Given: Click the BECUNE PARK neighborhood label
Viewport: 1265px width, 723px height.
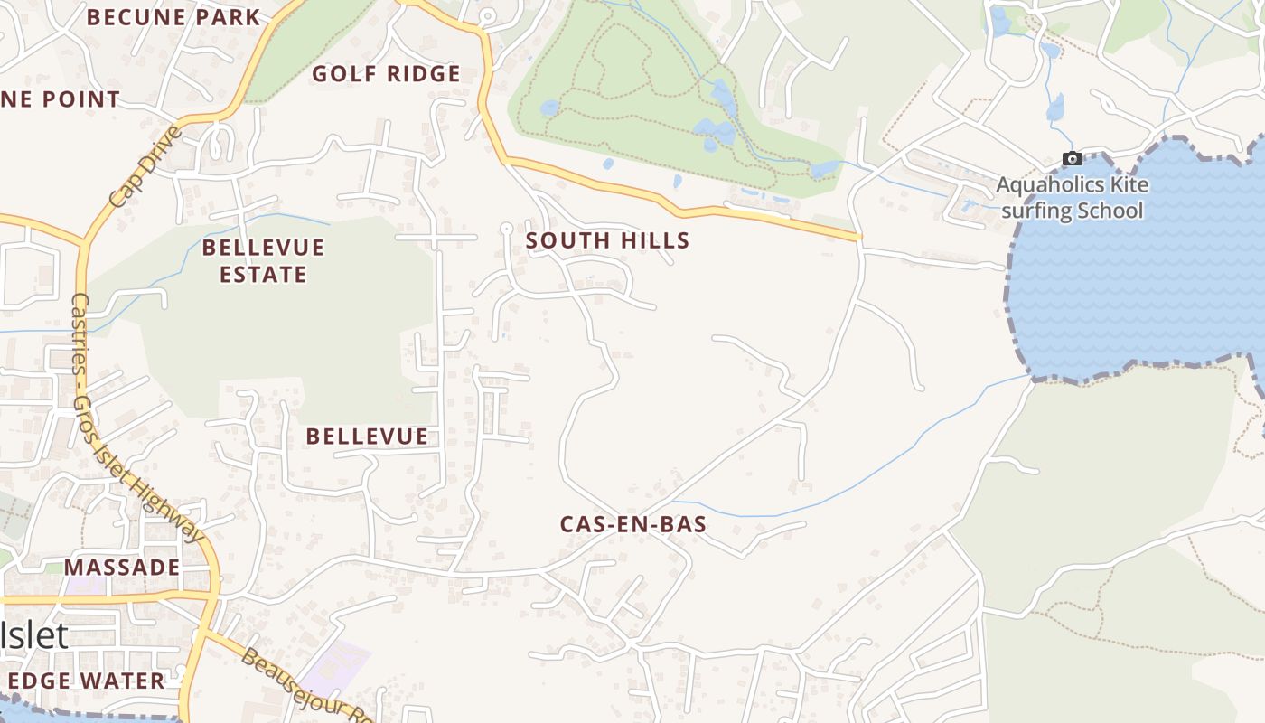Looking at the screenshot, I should coord(173,17).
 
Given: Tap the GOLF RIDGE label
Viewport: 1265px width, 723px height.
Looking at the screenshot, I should coord(386,74).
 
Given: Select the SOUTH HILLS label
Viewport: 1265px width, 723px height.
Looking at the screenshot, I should coord(607,240).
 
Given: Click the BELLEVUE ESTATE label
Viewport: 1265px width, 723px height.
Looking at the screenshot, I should coord(263,260).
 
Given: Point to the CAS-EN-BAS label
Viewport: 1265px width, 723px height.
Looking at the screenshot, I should coord(632,524).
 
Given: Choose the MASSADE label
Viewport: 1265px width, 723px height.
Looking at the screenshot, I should coord(122,568).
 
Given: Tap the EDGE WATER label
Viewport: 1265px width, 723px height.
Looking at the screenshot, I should coord(86,681).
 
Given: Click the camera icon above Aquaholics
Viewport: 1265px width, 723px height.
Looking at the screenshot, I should coord(1073,159).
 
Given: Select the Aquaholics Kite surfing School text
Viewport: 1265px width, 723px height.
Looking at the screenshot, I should coord(1072,198).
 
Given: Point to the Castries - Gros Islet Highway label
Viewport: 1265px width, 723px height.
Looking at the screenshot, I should coord(136,416).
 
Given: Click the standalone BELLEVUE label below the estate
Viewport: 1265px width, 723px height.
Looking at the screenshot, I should coord(367,437).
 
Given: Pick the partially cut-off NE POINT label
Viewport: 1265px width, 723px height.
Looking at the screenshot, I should coord(60,99).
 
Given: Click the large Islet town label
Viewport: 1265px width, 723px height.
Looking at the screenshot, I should coord(34,635).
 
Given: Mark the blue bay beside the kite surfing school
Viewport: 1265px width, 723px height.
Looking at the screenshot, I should coord(1138,271).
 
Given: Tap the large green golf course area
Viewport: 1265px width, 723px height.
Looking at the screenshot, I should coord(632,90).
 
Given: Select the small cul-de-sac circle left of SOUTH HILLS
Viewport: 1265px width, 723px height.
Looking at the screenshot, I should coord(506,228).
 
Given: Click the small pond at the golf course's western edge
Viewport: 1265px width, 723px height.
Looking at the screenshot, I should coord(549,108).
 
